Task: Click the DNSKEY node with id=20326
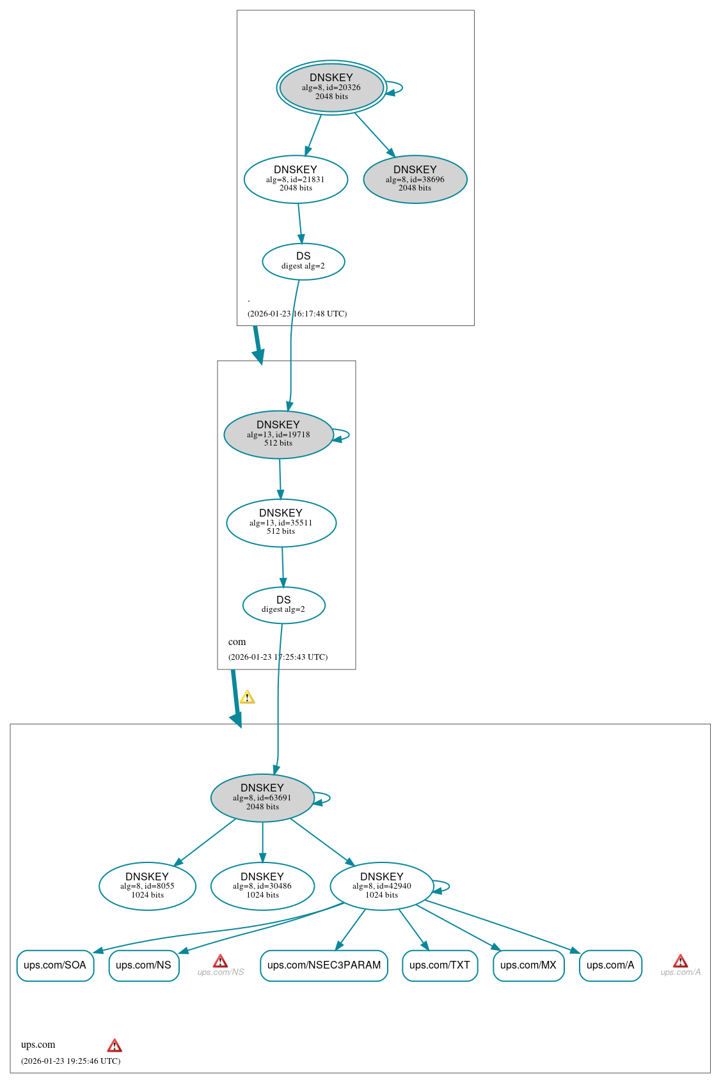(x=331, y=88)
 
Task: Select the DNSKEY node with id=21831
(x=296, y=179)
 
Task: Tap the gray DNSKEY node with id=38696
(x=415, y=179)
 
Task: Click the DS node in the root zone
(x=303, y=261)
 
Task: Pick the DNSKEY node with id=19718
(x=278, y=434)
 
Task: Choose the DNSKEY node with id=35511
(x=281, y=522)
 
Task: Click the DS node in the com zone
(x=283, y=604)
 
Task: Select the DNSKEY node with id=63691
(x=262, y=797)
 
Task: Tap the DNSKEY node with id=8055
(x=147, y=885)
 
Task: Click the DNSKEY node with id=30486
(x=262, y=885)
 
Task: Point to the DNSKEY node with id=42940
(x=382, y=885)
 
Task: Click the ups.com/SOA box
(x=55, y=965)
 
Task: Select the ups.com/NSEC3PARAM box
(x=324, y=965)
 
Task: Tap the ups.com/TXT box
(x=440, y=965)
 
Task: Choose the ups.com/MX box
(x=528, y=965)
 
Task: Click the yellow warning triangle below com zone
(x=247, y=697)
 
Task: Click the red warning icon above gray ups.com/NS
(x=220, y=962)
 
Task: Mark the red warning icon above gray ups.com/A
(x=680, y=962)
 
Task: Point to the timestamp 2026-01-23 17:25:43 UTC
(x=278, y=657)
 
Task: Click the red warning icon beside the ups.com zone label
(x=115, y=1046)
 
